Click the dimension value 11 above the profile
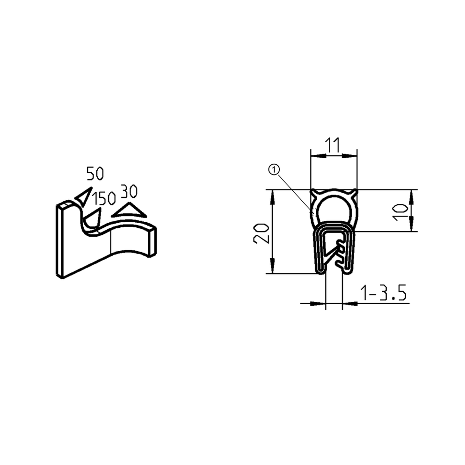point(333,145)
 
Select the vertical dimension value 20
point(261,232)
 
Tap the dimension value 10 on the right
point(400,211)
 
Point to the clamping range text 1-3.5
point(383,294)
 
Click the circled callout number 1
point(274,170)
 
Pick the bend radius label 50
point(95,174)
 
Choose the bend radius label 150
point(104,199)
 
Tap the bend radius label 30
point(129,191)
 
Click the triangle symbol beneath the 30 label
point(129,210)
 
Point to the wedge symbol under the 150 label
point(94,217)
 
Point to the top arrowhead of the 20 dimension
point(272,194)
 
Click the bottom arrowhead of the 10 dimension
point(411,227)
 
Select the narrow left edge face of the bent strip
point(60,241)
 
